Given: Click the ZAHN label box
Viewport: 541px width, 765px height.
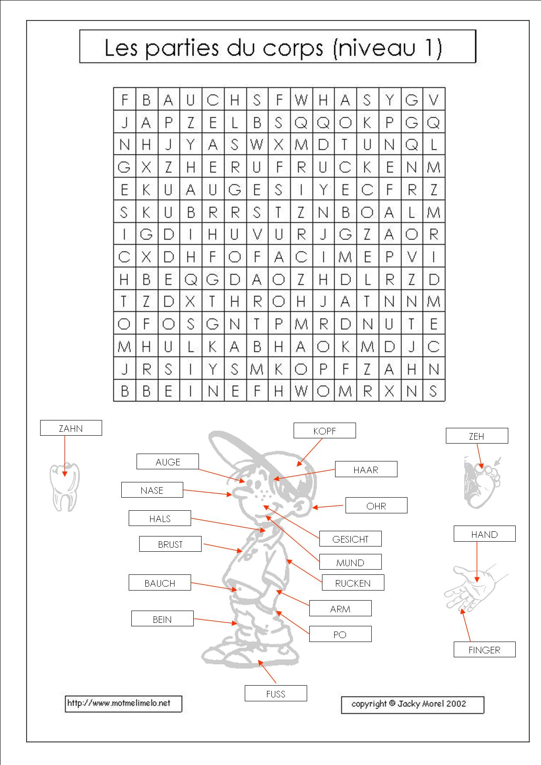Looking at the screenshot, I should (x=71, y=428).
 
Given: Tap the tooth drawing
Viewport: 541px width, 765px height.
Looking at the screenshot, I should (x=64, y=487).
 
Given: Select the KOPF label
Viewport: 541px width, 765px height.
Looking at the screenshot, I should (x=325, y=431).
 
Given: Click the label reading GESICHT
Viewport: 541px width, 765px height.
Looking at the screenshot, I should (x=350, y=539).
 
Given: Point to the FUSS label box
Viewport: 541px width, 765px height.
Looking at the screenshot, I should (x=276, y=694).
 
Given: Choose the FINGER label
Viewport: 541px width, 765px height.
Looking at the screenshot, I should (x=484, y=650).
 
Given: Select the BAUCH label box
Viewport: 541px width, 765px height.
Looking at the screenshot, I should (x=160, y=583).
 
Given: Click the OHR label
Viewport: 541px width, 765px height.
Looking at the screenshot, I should (x=376, y=506).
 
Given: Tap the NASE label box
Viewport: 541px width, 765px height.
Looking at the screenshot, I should (x=152, y=490).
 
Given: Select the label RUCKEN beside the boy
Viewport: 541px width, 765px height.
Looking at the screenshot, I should (x=353, y=583).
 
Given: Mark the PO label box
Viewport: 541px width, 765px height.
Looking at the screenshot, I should (x=340, y=635).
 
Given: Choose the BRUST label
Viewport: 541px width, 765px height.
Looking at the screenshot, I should (x=170, y=544).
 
